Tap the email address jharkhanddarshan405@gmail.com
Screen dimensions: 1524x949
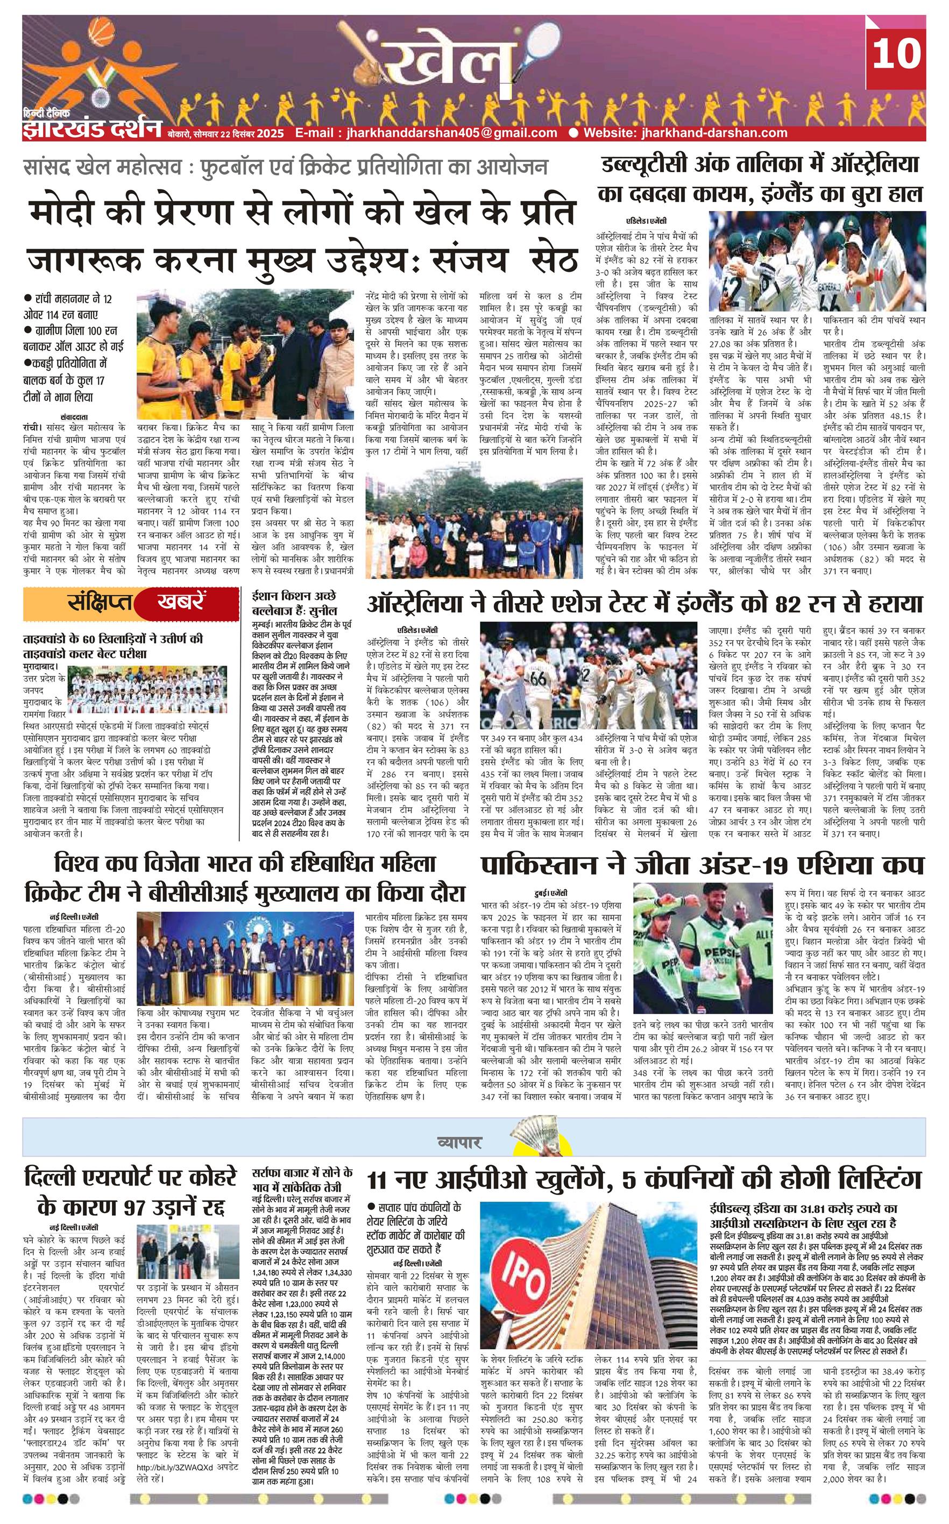pyautogui.click(x=426, y=132)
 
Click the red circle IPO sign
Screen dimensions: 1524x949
pyautogui.click(x=527, y=1245)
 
